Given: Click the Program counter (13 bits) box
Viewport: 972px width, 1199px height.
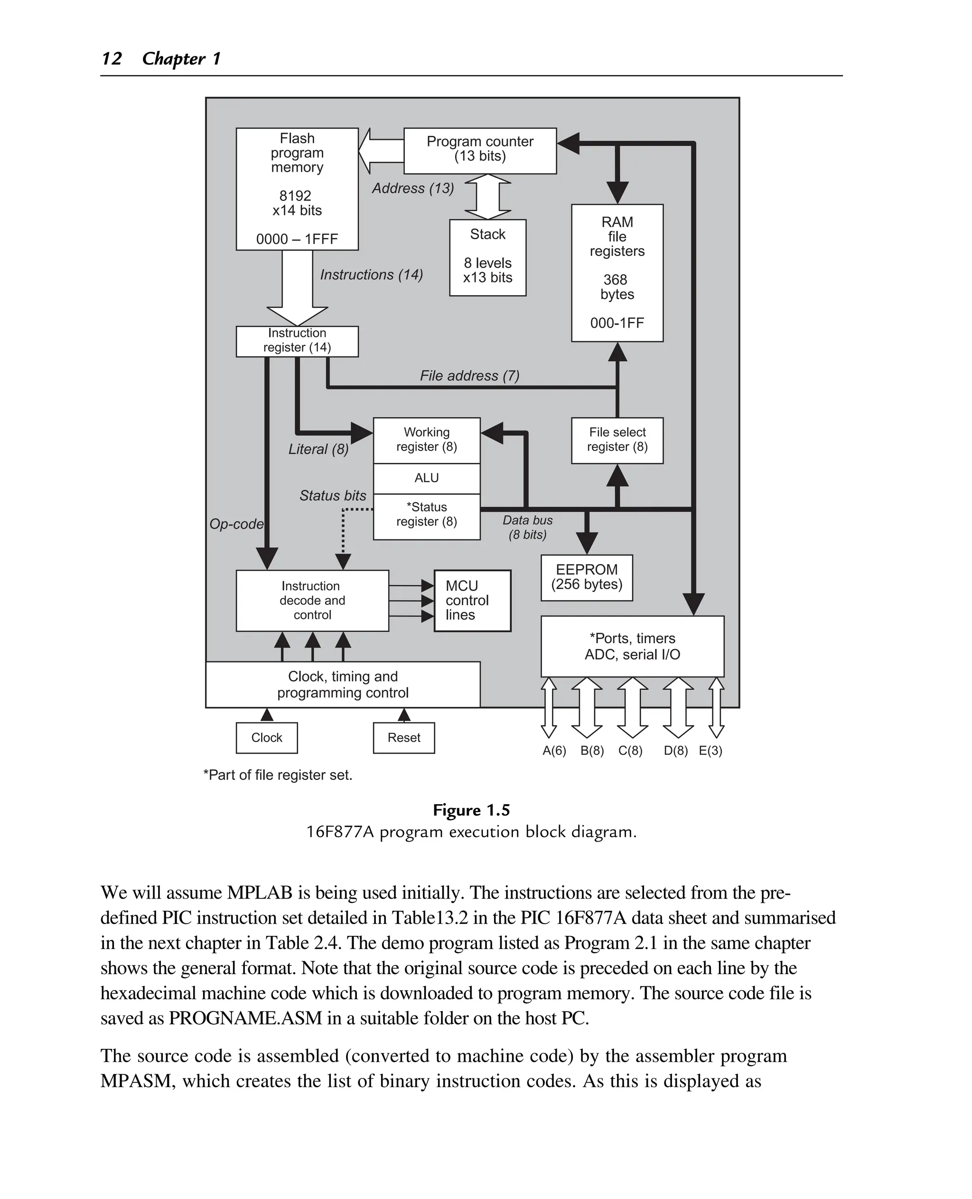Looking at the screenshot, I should coord(480,150).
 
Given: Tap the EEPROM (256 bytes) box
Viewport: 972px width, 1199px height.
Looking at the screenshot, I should coord(586,577).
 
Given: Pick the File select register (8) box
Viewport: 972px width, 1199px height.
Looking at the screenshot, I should coord(617,440).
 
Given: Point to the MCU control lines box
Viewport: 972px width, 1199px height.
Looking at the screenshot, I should coord(472,600).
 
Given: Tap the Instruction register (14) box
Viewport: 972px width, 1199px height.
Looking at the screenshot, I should coord(297,340).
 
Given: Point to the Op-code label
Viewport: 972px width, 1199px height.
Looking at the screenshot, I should coord(236,524).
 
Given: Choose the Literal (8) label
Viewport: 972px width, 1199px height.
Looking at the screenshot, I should coord(318,449).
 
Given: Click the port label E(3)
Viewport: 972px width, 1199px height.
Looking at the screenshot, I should coord(710,750).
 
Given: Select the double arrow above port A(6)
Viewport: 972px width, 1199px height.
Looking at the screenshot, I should coord(549,707).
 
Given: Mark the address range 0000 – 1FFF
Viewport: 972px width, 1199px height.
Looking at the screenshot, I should coord(297,239).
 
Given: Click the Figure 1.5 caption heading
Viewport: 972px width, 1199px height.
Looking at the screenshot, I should coord(471,810).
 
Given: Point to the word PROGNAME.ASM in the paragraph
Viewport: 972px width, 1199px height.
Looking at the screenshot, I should coord(245,1018).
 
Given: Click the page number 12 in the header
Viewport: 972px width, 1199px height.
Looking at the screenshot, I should coord(112,58).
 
